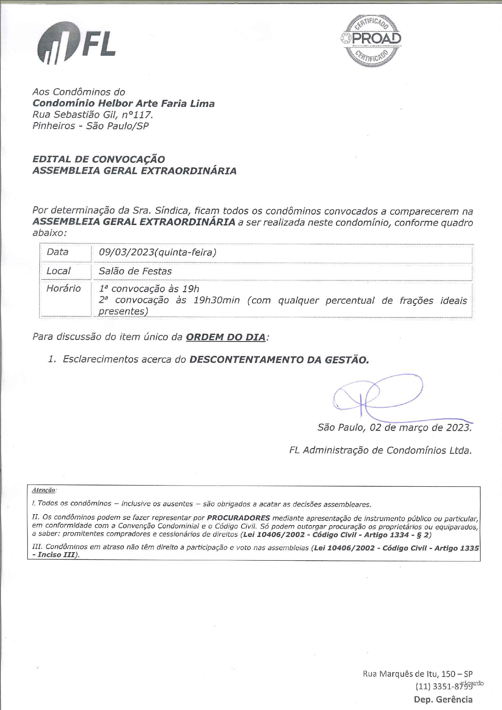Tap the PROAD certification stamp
point(371,40)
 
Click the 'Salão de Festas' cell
point(135,271)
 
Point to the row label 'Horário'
point(64,288)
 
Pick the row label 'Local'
point(58,271)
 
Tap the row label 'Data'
point(57,252)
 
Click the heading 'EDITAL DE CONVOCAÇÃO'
point(99,159)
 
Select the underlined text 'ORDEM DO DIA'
point(226,337)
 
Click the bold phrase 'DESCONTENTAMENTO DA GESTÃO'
point(279,359)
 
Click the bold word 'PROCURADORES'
point(238,518)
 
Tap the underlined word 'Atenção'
point(44,490)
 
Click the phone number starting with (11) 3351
point(444,687)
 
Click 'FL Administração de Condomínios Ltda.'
point(380,450)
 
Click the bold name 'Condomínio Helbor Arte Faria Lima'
point(123,104)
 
